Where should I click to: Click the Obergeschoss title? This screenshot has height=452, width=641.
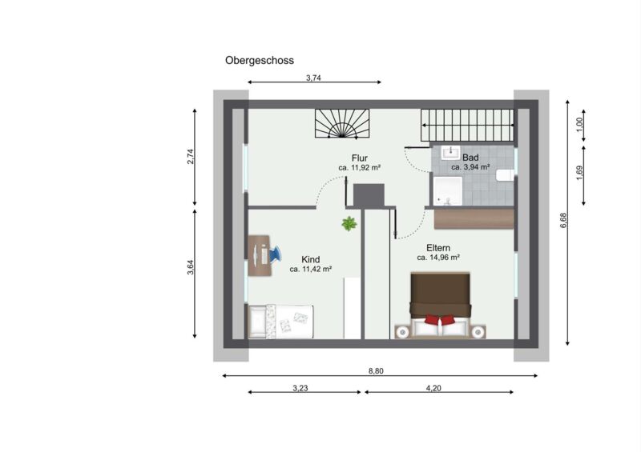260,61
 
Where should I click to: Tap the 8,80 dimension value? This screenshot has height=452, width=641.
376,371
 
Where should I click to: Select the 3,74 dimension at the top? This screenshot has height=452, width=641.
313,78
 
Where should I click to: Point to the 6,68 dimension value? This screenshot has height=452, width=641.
563,220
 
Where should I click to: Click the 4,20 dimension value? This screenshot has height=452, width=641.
433,388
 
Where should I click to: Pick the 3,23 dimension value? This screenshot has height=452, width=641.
300,388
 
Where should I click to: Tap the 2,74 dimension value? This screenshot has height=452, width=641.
191,157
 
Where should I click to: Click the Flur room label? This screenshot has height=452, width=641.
360,158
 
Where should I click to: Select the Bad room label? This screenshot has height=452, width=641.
470,158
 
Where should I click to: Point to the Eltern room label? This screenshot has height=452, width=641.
438,248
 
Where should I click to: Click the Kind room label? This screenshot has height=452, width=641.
311,259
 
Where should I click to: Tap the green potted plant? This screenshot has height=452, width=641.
349,223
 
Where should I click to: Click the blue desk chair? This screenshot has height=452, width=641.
275,254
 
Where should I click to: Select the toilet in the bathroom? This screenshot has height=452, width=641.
506,175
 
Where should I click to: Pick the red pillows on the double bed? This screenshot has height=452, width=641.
439,319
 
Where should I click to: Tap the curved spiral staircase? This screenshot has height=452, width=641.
342,123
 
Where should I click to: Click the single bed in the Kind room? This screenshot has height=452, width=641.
281,322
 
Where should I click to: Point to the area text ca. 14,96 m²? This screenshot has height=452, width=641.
438,258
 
